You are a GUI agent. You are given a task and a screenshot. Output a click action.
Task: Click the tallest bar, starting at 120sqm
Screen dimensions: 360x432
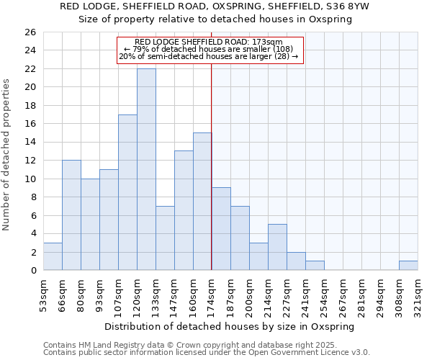click(146, 169)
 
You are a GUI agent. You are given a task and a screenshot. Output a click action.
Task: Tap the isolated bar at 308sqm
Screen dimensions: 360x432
click(408, 266)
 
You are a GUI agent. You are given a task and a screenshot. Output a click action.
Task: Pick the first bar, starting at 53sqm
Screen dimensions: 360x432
click(53, 256)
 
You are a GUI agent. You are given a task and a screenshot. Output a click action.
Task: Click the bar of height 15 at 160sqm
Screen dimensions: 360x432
click(202, 202)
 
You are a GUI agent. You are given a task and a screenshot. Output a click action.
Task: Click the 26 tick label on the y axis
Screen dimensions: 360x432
click(30, 32)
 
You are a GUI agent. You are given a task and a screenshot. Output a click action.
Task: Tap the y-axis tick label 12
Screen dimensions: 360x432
click(30, 161)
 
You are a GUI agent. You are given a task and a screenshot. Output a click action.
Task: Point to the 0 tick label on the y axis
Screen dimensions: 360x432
click(32, 271)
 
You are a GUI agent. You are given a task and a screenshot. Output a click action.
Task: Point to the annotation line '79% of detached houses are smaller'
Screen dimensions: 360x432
click(210, 49)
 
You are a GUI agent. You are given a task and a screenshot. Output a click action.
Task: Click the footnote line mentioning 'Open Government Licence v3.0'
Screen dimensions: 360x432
click(207, 353)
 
